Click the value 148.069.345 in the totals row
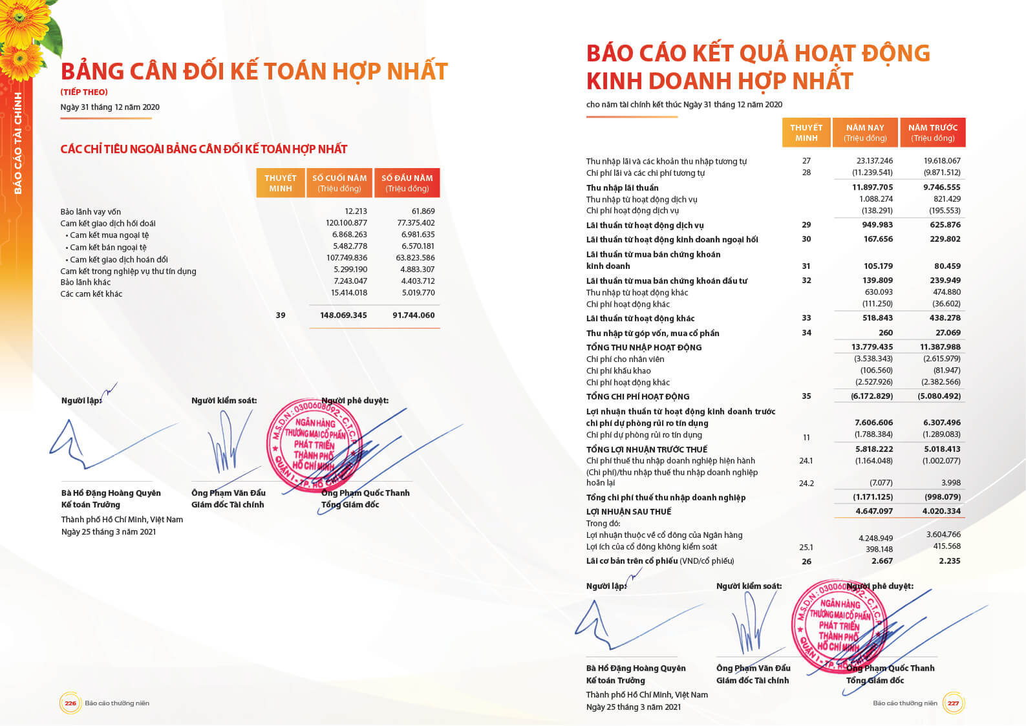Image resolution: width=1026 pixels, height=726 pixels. [x=343, y=315]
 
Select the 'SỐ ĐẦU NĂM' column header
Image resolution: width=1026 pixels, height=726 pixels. [x=407, y=183]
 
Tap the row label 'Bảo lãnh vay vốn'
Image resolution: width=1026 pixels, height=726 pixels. [x=91, y=211]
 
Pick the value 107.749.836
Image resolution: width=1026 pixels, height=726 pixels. [x=347, y=258]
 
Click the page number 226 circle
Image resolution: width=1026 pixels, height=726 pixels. [x=70, y=703]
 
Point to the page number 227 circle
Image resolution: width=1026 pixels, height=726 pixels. [x=953, y=703]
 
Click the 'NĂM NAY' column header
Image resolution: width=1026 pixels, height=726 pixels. [x=865, y=133]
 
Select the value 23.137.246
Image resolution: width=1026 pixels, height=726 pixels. [x=874, y=161]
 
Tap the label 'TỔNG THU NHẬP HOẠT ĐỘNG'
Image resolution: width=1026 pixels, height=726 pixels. [x=643, y=347]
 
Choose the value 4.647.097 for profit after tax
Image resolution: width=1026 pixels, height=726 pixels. [x=874, y=511]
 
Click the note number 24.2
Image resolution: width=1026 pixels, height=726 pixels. [x=806, y=483]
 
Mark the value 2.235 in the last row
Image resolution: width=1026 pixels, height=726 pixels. [x=949, y=561]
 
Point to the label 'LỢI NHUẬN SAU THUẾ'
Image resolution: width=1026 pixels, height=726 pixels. [x=628, y=511]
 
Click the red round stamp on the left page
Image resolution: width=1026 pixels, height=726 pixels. [x=314, y=445]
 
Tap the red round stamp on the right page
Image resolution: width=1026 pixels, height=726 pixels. [x=839, y=626]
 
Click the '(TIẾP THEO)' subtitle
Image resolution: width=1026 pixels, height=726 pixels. [x=84, y=92]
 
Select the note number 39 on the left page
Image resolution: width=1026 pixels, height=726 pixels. [x=281, y=315]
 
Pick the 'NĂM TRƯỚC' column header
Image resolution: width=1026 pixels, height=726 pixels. [x=932, y=133]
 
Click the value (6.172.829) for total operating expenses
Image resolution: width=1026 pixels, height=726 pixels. [x=871, y=396]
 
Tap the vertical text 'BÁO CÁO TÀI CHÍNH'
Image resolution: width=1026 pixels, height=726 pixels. [x=17, y=143]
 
